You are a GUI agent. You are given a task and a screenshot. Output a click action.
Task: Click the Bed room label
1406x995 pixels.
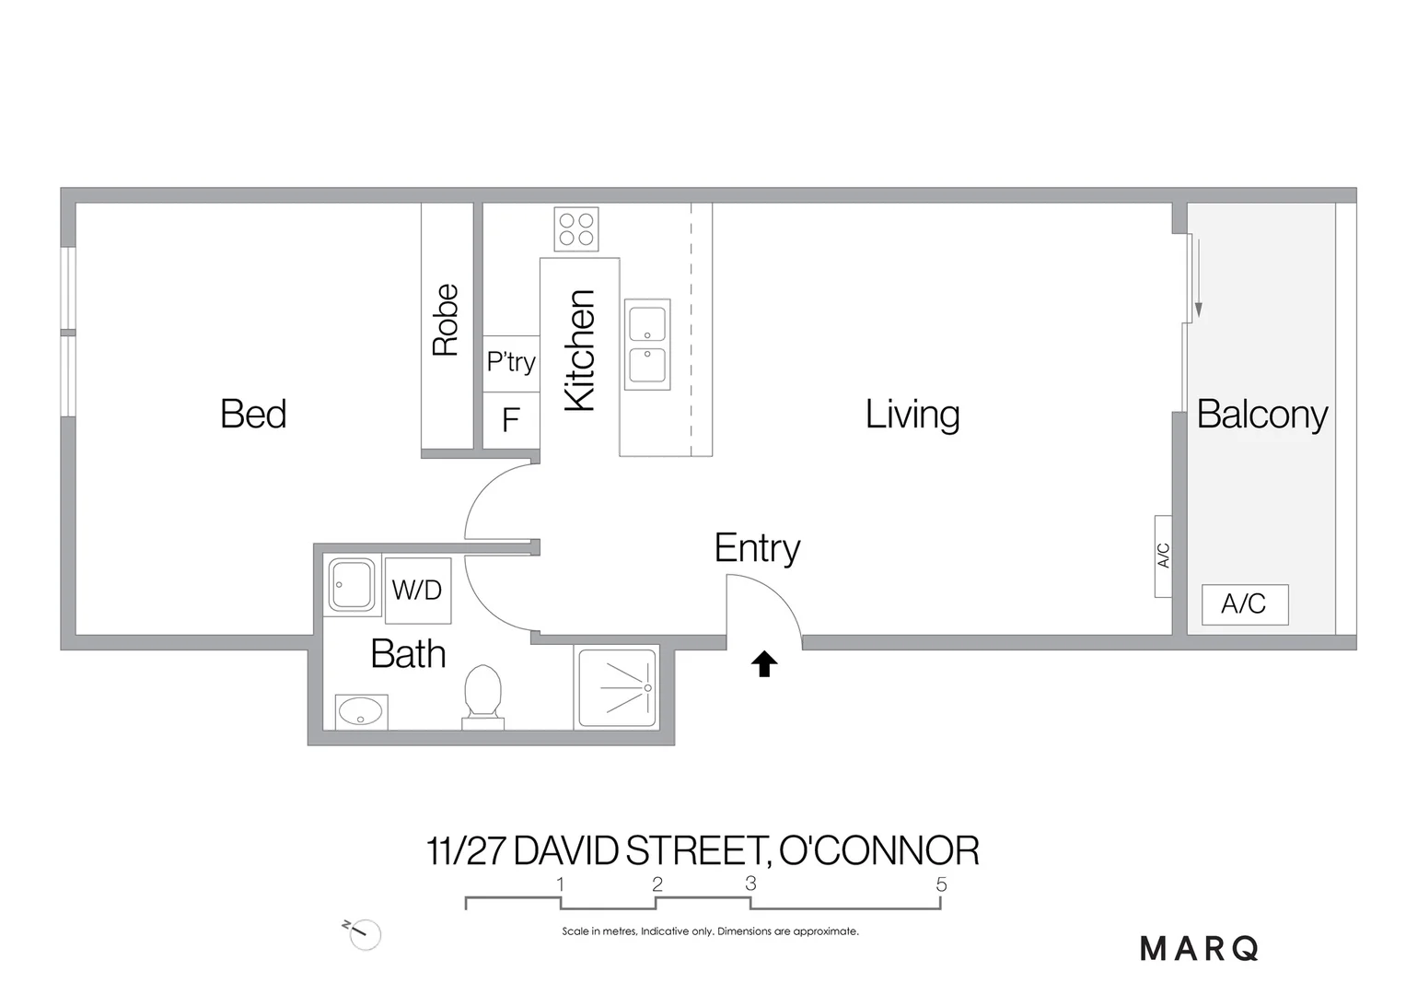(x=253, y=414)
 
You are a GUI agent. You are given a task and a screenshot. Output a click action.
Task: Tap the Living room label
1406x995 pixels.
(x=912, y=414)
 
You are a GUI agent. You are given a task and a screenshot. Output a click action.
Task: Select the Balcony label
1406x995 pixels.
(x=1261, y=414)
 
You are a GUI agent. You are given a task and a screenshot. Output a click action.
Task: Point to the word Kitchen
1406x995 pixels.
(x=580, y=350)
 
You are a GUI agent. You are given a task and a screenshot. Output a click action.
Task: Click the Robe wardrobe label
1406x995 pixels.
(x=446, y=320)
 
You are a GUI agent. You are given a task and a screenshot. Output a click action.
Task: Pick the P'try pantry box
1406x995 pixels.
(x=511, y=362)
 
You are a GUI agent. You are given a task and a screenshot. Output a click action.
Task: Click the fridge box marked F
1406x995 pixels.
(x=511, y=420)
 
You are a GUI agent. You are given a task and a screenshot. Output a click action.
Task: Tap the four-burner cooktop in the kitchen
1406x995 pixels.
(x=576, y=229)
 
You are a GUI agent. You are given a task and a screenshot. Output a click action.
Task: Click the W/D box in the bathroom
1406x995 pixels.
(x=417, y=590)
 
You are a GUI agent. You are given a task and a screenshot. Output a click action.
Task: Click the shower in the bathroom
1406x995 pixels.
(x=617, y=687)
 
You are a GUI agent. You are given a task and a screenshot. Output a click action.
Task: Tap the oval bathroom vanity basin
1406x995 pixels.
(x=360, y=711)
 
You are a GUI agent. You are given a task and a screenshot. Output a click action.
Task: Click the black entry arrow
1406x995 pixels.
(x=764, y=663)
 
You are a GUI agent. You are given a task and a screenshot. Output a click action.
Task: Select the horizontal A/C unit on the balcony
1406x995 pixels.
(x=1244, y=604)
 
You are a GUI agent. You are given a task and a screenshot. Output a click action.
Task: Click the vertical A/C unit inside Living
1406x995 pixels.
(x=1163, y=556)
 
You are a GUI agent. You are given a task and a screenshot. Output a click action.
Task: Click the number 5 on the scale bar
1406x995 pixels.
(x=941, y=884)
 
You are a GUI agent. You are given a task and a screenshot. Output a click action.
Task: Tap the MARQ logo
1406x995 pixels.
(x=1199, y=948)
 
